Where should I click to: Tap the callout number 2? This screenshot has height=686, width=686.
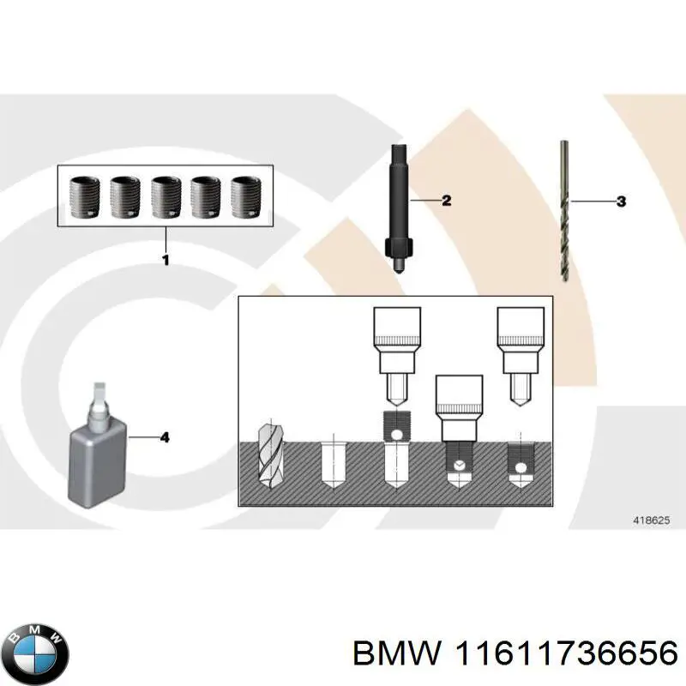coord(446,201)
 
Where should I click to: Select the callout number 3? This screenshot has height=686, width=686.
coord(621,202)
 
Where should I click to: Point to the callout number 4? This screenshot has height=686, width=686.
coord(165,437)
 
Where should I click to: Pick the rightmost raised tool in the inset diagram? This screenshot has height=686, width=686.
coord(521,352)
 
